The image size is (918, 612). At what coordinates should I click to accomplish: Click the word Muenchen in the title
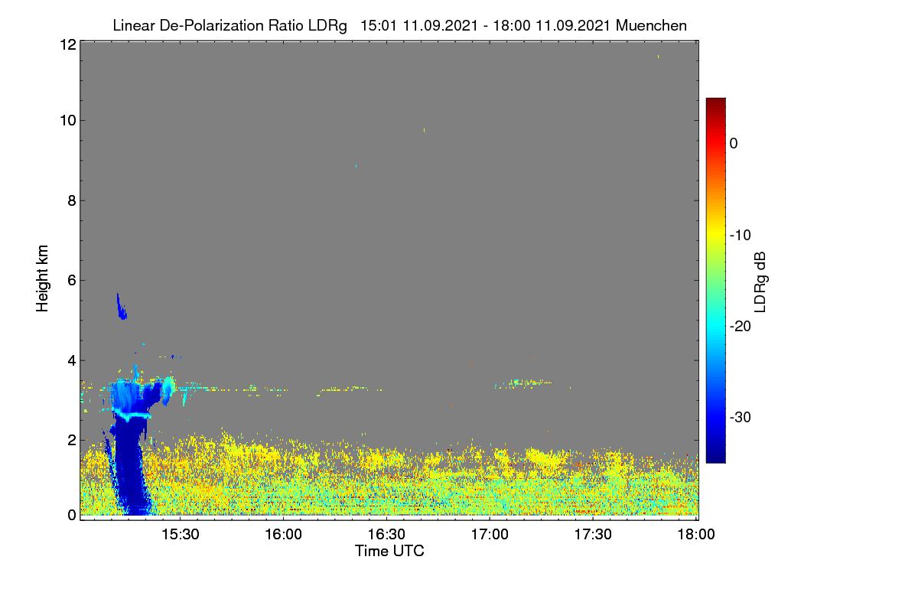click(x=651, y=25)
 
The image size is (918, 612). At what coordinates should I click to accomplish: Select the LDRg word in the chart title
click(x=327, y=26)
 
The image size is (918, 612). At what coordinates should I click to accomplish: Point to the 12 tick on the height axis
click(x=68, y=44)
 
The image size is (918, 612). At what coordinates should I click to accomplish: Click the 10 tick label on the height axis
click(x=68, y=121)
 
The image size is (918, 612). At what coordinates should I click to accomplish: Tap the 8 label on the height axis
click(x=72, y=200)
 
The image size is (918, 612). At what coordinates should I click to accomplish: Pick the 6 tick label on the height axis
click(x=72, y=281)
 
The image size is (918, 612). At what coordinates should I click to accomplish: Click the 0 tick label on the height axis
click(x=72, y=515)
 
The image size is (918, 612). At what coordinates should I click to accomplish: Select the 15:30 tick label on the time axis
click(x=181, y=534)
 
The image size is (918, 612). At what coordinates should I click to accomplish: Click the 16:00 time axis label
click(x=283, y=534)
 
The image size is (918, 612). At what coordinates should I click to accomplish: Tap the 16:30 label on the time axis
click(x=386, y=534)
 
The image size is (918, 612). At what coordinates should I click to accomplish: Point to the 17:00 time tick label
click(x=490, y=534)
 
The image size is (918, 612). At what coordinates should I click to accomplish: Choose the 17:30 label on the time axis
click(x=593, y=534)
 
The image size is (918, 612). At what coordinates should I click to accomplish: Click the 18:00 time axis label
click(x=696, y=534)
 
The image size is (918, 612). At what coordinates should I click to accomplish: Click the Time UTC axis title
click(x=389, y=551)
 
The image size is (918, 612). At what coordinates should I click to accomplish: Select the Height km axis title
click(x=42, y=278)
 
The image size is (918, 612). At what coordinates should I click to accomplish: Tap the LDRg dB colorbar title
click(x=760, y=282)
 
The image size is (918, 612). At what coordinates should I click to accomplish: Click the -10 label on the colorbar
click(x=741, y=236)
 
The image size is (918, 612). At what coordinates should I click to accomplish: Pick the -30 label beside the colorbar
click(x=741, y=417)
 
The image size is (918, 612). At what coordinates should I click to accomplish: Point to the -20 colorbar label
click(x=741, y=327)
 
